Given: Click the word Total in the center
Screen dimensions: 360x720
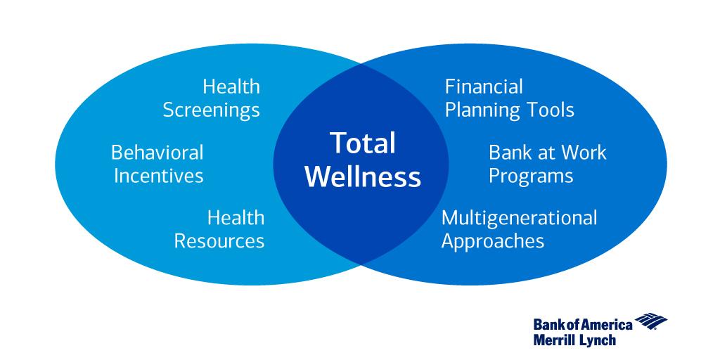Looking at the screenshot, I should pos(362,143).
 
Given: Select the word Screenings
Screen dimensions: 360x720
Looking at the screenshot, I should pos(211,110).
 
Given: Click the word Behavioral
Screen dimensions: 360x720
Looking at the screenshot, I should pos(157,153).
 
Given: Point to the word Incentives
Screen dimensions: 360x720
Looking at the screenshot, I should pos(158,175).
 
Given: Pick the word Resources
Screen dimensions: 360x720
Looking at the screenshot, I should pos(219,241).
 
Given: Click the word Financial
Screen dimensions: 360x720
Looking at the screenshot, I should pos(484,86).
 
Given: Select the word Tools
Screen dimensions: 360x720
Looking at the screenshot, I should pos(551,110).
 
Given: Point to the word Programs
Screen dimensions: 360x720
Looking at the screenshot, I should pos(531,176).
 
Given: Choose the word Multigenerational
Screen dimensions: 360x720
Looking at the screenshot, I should pos(519,217).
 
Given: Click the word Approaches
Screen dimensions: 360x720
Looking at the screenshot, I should pos(492,241).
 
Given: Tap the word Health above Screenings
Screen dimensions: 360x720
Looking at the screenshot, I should pos(231,86).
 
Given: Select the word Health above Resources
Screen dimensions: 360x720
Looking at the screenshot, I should pos(236,217).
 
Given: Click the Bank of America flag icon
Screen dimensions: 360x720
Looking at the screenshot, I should pos(651,323).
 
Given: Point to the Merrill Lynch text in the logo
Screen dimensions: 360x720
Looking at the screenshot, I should pos(574,340).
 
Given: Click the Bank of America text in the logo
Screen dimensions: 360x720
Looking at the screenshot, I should pos(582,324).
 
